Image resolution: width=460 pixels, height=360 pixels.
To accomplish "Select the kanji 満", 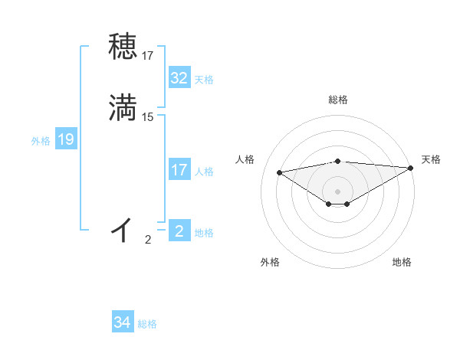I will (123, 108).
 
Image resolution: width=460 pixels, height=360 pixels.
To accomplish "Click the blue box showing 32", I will (179, 78).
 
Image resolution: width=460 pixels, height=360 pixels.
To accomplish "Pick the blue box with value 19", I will (66, 139).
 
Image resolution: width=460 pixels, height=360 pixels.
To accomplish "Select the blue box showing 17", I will (179, 170).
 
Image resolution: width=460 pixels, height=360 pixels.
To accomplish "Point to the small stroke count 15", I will (148, 117).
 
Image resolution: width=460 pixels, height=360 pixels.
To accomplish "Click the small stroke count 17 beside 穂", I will (148, 56).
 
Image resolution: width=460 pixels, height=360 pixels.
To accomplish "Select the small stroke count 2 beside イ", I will (148, 240).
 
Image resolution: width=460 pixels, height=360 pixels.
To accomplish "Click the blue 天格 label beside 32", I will (204, 80).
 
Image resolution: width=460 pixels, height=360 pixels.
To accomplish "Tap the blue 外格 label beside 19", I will (41, 141).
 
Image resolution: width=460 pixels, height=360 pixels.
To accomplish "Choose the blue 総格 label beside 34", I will (147, 325).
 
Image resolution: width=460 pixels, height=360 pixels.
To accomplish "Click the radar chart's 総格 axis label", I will (338, 100).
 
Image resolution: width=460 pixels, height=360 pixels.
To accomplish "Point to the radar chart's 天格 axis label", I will (431, 159).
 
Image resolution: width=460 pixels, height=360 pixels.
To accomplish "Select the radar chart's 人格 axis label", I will (245, 159).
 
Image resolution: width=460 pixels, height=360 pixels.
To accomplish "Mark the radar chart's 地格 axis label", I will (402, 262).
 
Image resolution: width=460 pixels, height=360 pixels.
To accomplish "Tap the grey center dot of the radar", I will (338, 191).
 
